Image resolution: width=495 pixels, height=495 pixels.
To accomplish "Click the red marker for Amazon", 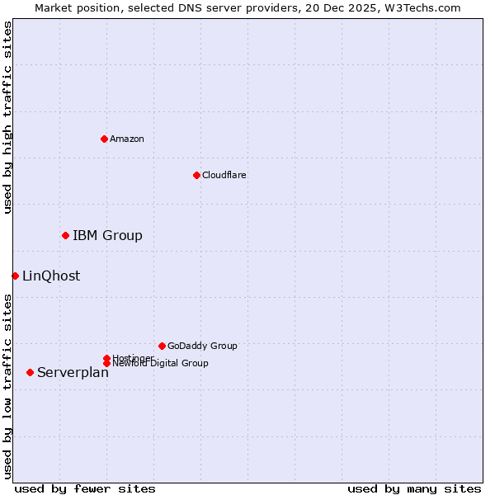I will pyautogui.click(x=104, y=139).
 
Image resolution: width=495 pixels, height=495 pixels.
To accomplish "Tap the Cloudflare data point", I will pyautogui.click(x=196, y=175).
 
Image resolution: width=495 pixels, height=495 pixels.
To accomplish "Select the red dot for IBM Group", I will pyautogui.click(x=65, y=236).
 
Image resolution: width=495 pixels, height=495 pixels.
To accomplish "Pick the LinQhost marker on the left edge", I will pyautogui.click(x=15, y=276).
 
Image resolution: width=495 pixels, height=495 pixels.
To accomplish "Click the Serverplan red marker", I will pyautogui.click(x=30, y=372).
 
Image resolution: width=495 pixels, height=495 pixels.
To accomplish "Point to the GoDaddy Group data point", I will pyautogui.click(x=162, y=346).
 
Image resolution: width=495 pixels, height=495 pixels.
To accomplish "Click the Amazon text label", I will pyautogui.click(x=127, y=139).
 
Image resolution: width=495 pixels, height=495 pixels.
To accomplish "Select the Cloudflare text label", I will pyautogui.click(x=224, y=175).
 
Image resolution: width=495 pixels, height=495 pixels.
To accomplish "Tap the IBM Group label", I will pyautogui.click(x=107, y=236).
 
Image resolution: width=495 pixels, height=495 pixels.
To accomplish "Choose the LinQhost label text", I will pyautogui.click(x=51, y=276).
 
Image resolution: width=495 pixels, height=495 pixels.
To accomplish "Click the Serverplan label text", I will pyautogui.click(x=73, y=373).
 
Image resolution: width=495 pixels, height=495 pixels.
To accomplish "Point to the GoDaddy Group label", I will pyautogui.click(x=202, y=346).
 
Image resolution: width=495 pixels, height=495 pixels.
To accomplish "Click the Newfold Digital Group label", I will pyautogui.click(x=161, y=364).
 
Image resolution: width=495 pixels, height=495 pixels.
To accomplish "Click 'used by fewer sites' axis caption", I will pyautogui.click(x=85, y=488).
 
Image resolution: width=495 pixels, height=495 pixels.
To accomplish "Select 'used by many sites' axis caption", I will pyautogui.click(x=414, y=488).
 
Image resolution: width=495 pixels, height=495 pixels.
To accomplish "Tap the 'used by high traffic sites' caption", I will pyautogui.click(x=7, y=117).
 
